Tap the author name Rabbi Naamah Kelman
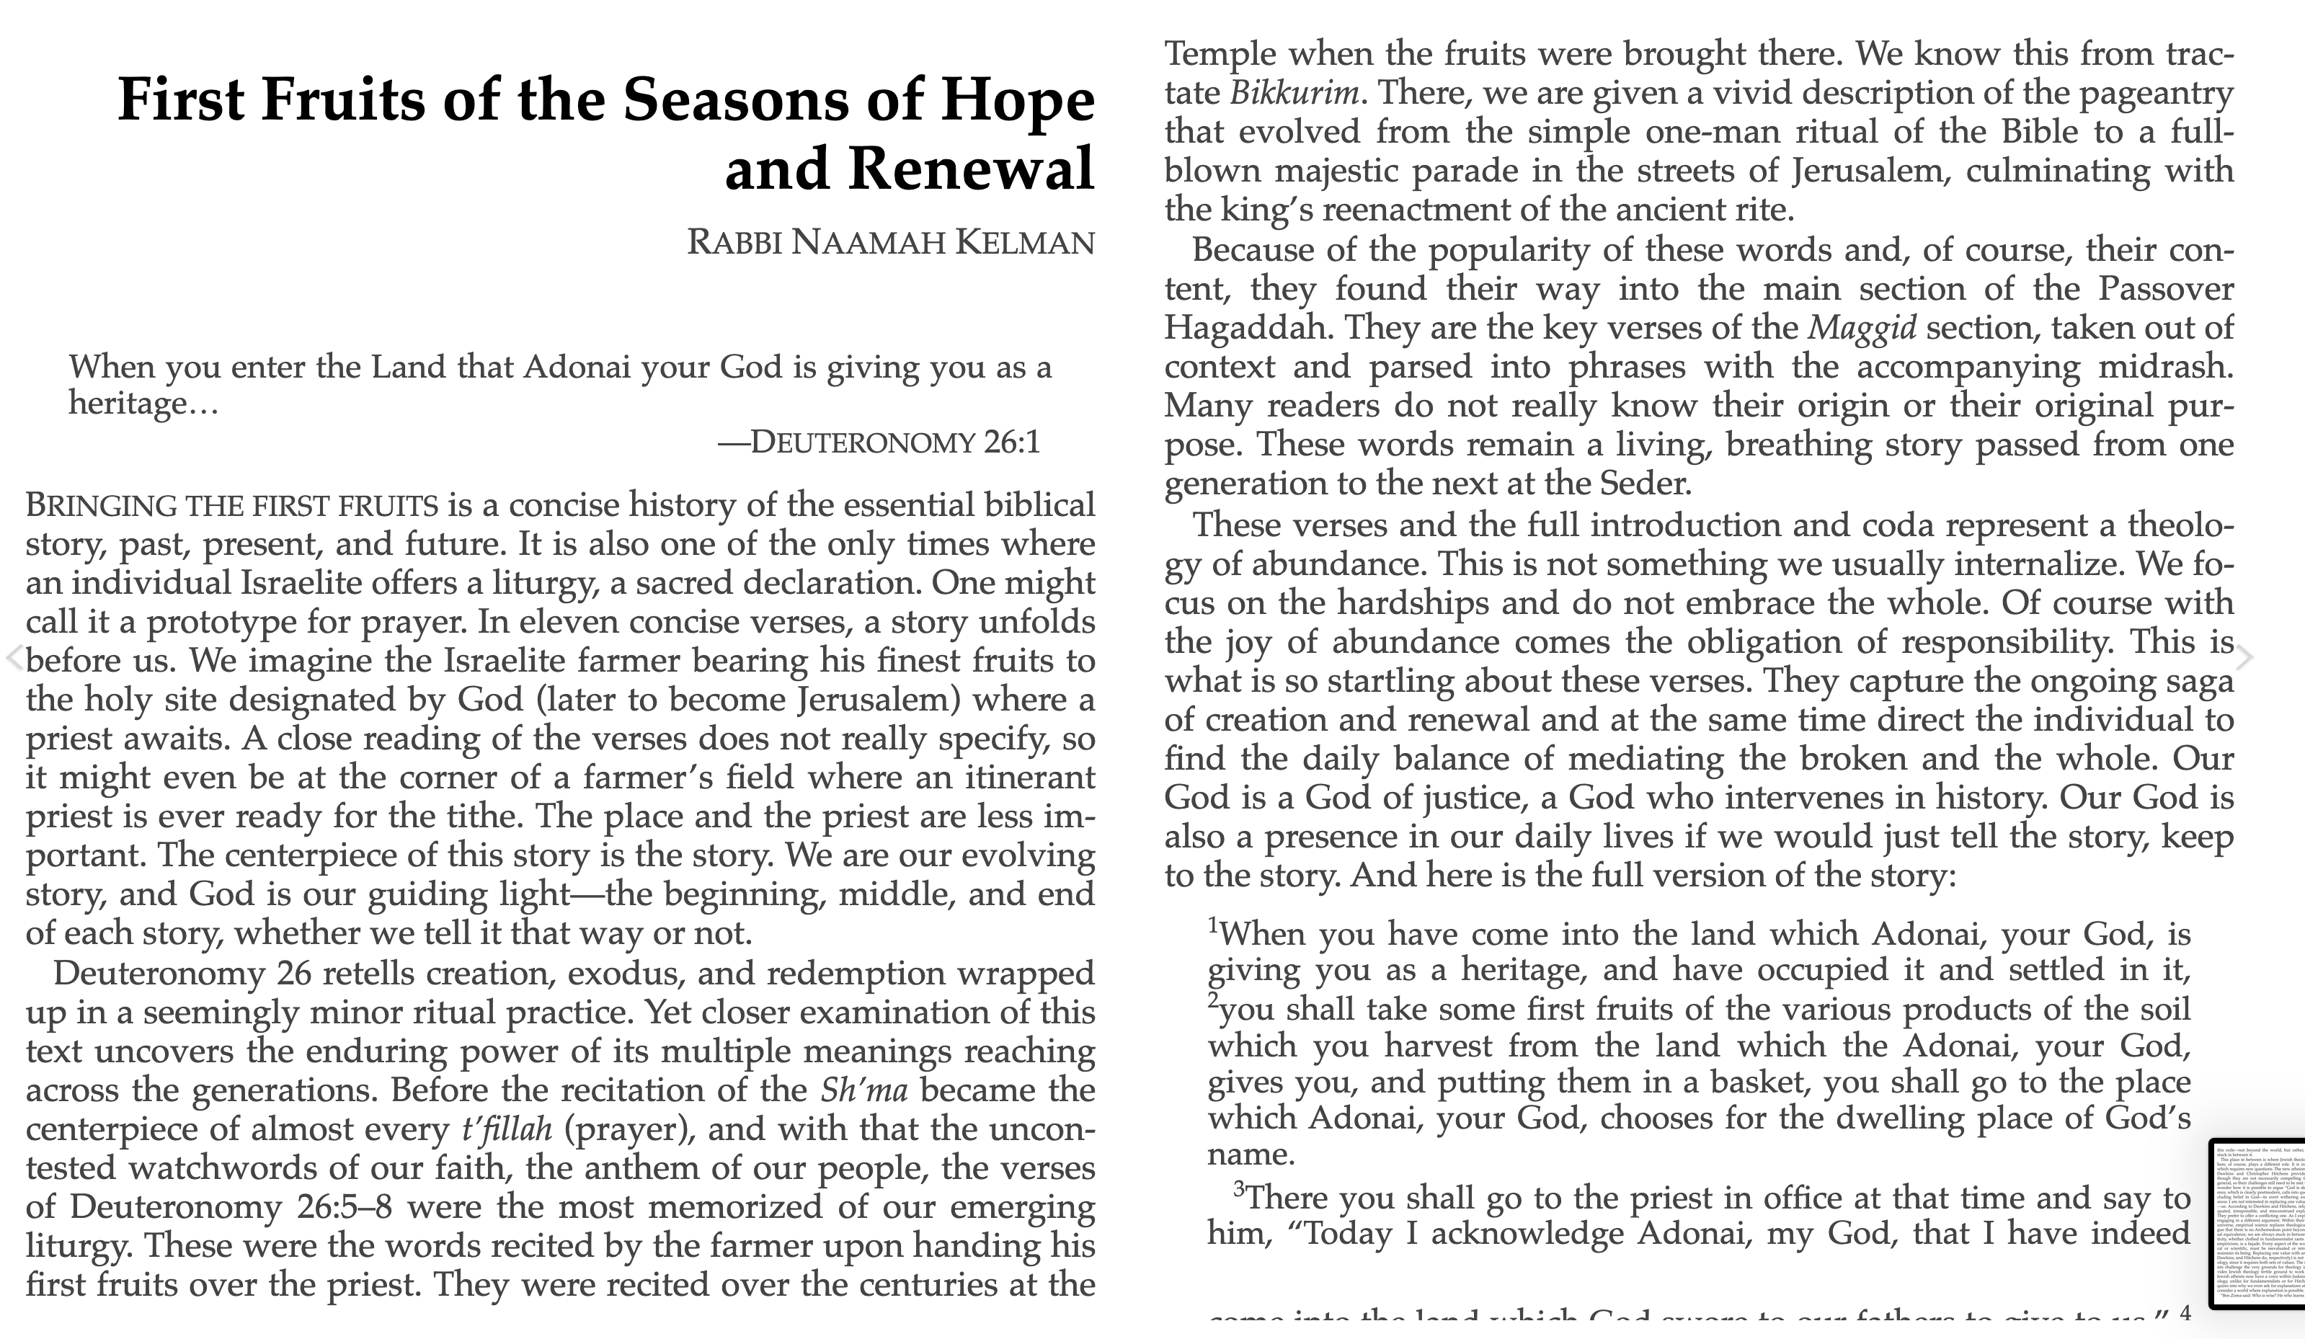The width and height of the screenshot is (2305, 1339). [x=890, y=242]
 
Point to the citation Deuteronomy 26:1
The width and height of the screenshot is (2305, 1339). [x=878, y=442]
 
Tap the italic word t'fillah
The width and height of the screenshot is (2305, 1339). [x=507, y=1129]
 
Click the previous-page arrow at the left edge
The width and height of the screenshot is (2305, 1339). [x=14, y=657]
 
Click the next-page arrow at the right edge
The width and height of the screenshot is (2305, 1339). [x=2246, y=657]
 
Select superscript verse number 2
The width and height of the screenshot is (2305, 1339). [x=1213, y=1000]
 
